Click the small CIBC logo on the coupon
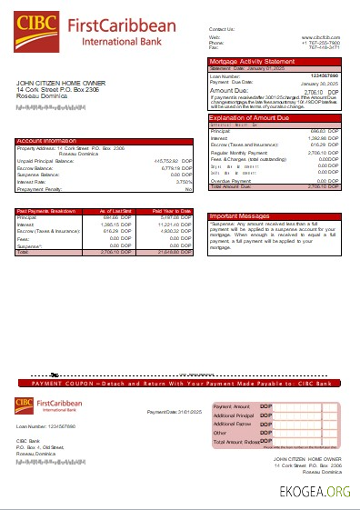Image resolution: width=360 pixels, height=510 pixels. point(25,405)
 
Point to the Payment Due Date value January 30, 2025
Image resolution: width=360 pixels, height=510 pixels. point(319,83)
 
